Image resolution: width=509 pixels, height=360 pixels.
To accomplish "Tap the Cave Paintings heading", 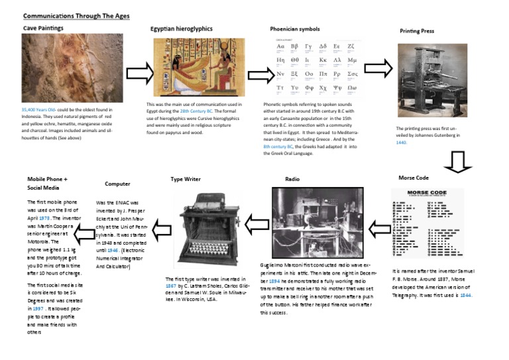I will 43,29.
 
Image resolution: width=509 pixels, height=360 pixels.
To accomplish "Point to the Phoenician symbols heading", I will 294,29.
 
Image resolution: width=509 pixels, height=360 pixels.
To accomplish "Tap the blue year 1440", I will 401,142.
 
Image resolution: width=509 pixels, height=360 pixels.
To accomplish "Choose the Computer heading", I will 117,184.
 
